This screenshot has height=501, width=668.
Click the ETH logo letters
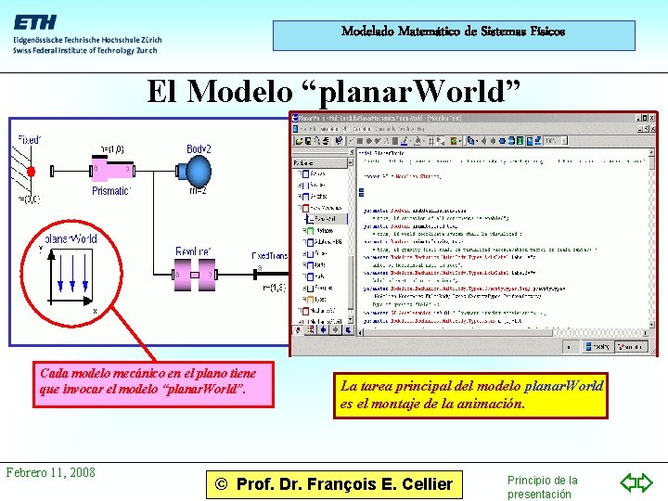pyautogui.click(x=35, y=21)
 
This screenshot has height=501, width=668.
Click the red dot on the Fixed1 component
pyautogui.click(x=31, y=172)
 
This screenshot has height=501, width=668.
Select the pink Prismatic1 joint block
pyautogui.click(x=110, y=170)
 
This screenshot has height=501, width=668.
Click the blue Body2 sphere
pyautogui.click(x=199, y=170)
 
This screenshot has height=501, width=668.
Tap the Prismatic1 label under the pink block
pyautogui.click(x=111, y=191)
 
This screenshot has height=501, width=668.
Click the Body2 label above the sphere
pyautogui.click(x=199, y=149)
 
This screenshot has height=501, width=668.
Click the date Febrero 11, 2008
pyautogui.click(x=50, y=472)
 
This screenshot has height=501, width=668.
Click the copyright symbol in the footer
pyautogui.click(x=220, y=483)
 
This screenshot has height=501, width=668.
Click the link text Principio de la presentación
pyautogui.click(x=542, y=487)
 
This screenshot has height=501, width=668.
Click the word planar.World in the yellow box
pyautogui.click(x=563, y=385)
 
